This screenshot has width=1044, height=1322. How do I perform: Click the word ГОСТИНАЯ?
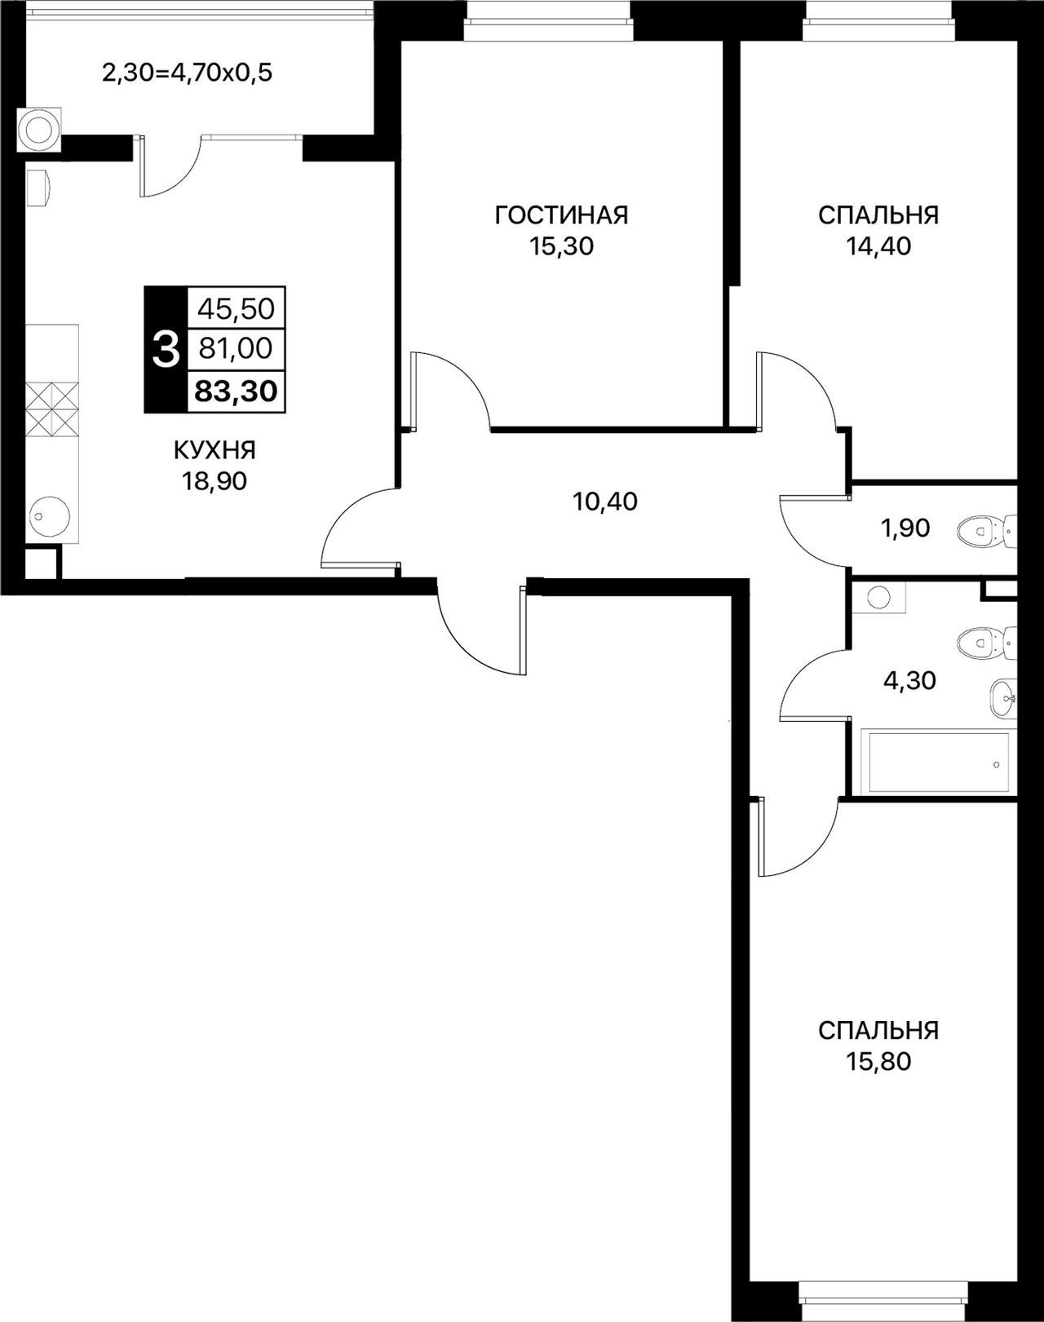point(562,215)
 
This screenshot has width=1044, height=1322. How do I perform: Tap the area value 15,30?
point(562,246)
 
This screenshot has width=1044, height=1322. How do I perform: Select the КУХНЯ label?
point(215,451)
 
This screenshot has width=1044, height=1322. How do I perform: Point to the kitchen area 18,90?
point(214,482)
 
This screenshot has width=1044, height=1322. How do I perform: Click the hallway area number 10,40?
point(604,502)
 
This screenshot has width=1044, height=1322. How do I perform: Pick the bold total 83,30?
point(236,391)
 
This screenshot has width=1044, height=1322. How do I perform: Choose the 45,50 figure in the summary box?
point(236,309)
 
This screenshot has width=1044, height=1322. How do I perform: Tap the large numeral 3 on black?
point(166,349)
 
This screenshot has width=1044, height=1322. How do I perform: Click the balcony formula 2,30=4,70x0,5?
point(187,73)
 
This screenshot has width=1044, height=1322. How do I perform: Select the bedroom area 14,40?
point(878,246)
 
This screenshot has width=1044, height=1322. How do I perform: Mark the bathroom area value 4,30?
point(909,681)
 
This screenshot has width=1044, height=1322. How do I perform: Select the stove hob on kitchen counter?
point(52,409)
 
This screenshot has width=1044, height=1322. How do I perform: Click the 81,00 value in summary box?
point(236,349)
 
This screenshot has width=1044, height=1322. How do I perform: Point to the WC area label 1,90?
point(906,528)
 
